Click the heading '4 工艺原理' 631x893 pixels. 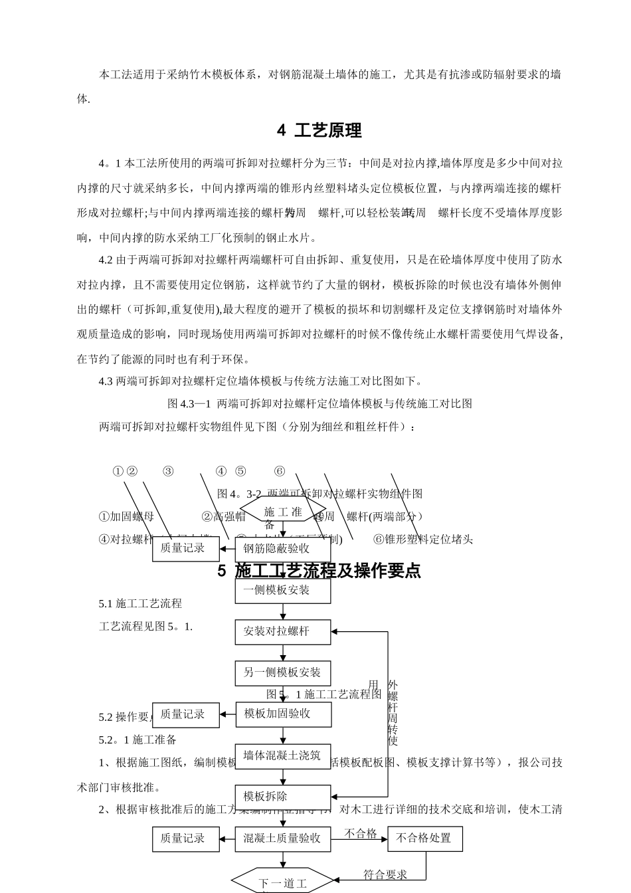pos(319,131)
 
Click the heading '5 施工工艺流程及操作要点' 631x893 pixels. pos(319,571)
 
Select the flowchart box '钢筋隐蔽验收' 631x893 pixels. pos(283,549)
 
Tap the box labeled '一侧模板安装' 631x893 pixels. pos(283,590)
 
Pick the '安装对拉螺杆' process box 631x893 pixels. pos(283,631)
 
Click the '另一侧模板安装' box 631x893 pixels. pos(283,672)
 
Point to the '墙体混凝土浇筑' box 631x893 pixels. pos(283,755)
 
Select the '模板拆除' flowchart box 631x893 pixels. pos(283,797)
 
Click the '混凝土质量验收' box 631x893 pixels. pos(283,839)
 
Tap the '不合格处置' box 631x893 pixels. pos(424,839)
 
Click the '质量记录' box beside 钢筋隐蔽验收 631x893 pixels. pos(185,548)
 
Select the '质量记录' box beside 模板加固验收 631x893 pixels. pos(185,714)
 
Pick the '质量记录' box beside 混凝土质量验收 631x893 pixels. pos(185,839)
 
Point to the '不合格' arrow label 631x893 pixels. pos(361,833)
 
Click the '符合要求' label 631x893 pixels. pos(385,874)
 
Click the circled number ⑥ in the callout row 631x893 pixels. pos(280,471)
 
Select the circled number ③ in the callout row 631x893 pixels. pos(168,471)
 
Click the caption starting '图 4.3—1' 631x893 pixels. pos(319,403)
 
